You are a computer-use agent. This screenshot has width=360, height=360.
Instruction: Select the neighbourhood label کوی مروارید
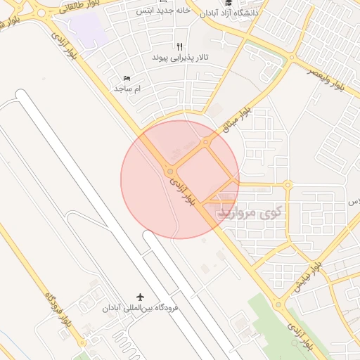pyautogui.click(x=250, y=212)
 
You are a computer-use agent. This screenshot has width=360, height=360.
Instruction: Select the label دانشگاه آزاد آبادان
pyautogui.click(x=228, y=13)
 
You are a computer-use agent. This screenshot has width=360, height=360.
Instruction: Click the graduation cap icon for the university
pyautogui.click(x=227, y=3)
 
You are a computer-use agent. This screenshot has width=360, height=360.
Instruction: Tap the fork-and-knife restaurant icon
pyautogui.click(x=179, y=46)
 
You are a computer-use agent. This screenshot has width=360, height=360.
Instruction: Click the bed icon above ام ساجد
pyautogui.click(x=127, y=78)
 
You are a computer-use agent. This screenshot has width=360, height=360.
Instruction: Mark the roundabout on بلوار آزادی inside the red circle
pyautogui.click(x=169, y=172)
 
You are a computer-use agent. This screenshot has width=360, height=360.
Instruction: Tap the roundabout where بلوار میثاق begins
pyautogui.click(x=205, y=143)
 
